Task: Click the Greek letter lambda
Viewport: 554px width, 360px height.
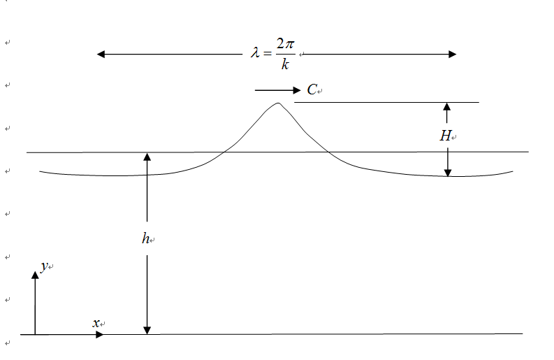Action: tap(255, 54)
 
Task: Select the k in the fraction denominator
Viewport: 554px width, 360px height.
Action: tap(285, 65)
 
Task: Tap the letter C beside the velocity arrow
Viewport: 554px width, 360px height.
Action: tap(312, 90)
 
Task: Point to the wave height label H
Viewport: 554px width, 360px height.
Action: tap(444, 136)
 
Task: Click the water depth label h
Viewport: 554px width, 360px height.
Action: tap(145, 238)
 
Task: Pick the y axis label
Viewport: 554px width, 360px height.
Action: tap(43, 266)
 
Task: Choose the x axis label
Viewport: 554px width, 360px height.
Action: tap(96, 323)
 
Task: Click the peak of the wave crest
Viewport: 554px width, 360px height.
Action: tap(278, 103)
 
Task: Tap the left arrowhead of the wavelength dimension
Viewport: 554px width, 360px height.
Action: tap(101, 54)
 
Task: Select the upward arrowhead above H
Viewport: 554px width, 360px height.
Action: tap(447, 107)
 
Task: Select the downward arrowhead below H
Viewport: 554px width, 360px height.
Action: tap(448, 171)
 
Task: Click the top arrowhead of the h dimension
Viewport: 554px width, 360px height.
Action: tap(147, 157)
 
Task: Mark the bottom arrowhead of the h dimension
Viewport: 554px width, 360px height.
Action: tap(147, 329)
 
